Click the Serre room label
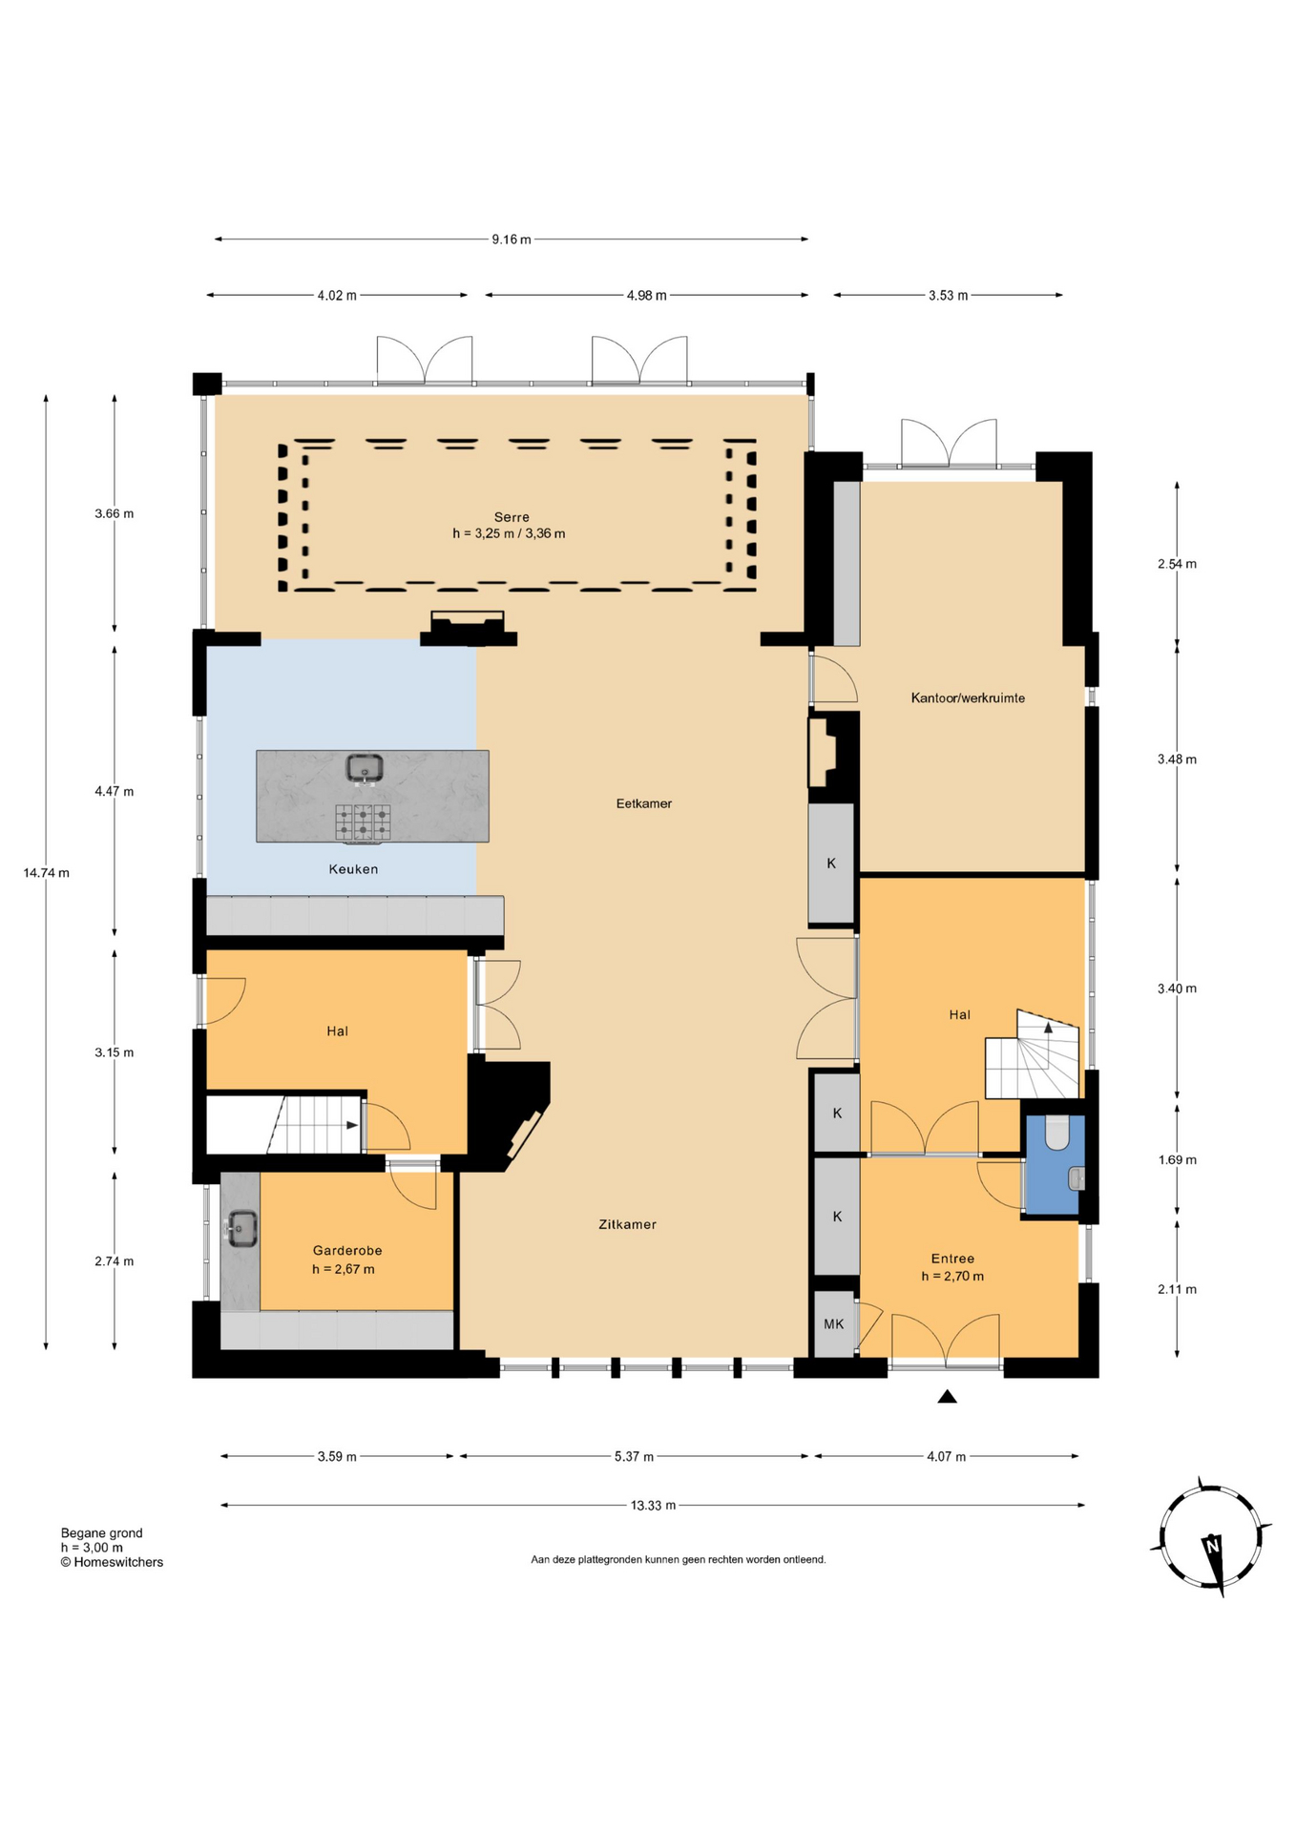(512, 517)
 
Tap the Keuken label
(353, 869)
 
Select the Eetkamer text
(644, 803)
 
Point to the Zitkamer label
(627, 1224)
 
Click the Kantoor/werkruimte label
(968, 698)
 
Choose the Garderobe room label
(347, 1251)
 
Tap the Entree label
(952, 1259)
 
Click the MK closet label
(833, 1323)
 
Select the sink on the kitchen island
(364, 767)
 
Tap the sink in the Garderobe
(241, 1228)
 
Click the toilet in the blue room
(1057, 1135)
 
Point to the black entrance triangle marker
(947, 1397)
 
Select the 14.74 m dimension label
(46, 873)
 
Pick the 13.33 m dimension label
(653, 1506)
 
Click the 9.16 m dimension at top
(512, 239)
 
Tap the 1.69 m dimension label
(1177, 1160)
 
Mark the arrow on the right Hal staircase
(1048, 1028)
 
